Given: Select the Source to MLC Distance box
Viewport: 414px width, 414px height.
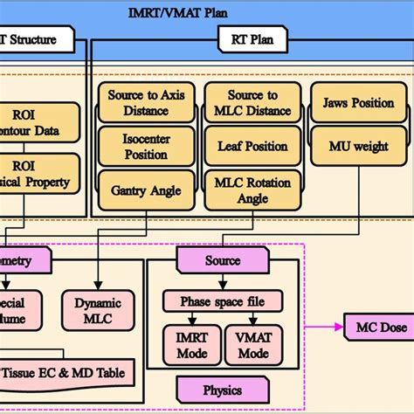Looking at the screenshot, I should tap(247, 102).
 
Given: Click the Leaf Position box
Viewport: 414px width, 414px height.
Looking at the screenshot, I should tap(247, 148).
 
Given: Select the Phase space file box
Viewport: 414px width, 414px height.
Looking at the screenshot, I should tap(223, 301).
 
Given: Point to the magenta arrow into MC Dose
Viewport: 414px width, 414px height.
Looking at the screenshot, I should tap(328, 327).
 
